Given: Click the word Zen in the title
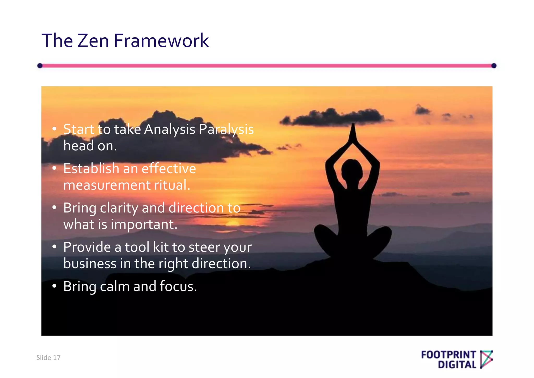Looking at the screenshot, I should pyautogui.click(x=93, y=41).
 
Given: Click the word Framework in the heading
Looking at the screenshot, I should pyautogui.click(x=161, y=41).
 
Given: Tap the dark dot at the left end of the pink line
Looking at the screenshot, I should pyautogui.click(x=40, y=66).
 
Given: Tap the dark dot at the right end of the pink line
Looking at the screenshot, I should pyautogui.click(x=494, y=66).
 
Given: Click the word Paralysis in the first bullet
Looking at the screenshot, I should pyautogui.click(x=226, y=129).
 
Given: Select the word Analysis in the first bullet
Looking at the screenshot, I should pyautogui.click(x=169, y=129).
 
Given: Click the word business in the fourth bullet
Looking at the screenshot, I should pyautogui.click(x=90, y=264).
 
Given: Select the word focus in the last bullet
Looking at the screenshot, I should pyautogui.click(x=178, y=286).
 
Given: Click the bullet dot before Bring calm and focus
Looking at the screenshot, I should pyautogui.click(x=54, y=286).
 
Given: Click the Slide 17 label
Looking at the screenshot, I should pyautogui.click(x=48, y=358).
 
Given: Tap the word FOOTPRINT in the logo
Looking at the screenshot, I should pyautogui.click(x=448, y=355).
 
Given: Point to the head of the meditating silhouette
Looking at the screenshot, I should pyautogui.click(x=352, y=170).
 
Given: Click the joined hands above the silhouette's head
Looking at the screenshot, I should pyautogui.click(x=353, y=133).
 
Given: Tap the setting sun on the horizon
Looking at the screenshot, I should pyautogui.click(x=233, y=223).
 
